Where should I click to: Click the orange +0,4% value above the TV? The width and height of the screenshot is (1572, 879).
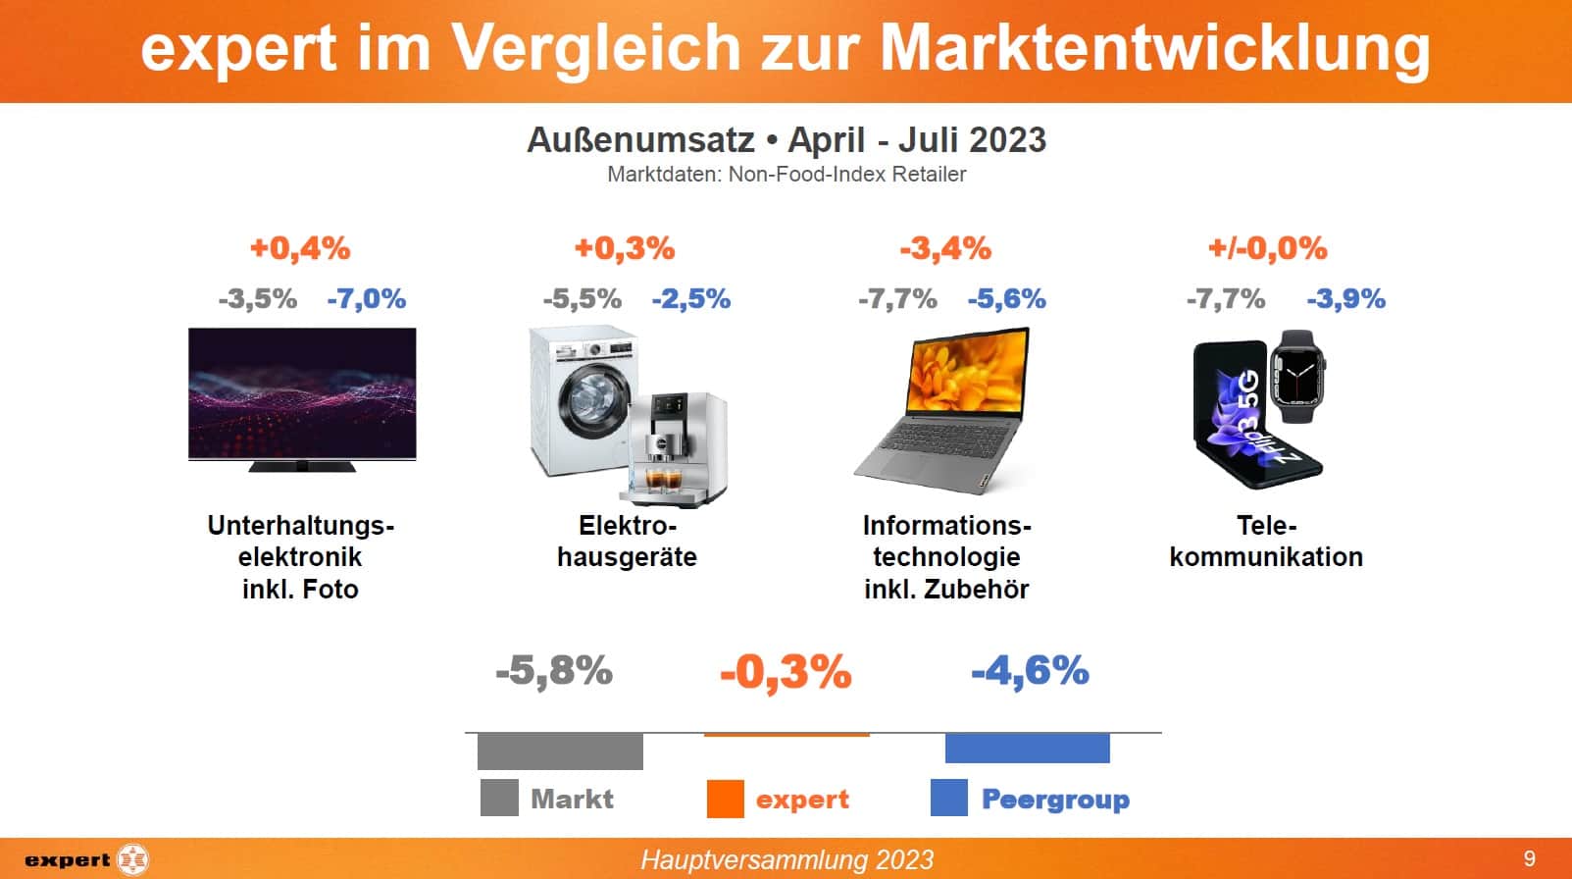300,248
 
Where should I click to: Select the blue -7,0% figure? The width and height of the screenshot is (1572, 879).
366,298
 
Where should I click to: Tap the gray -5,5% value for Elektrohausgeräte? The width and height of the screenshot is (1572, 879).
582,298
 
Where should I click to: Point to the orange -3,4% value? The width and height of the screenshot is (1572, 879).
945,248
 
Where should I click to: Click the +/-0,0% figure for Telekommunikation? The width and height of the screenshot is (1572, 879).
1267,248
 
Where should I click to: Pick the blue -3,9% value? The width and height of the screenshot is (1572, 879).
1345,298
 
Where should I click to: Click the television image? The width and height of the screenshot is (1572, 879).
302,394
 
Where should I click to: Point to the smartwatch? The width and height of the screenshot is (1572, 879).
1296,377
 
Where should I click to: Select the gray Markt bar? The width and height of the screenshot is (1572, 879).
560,751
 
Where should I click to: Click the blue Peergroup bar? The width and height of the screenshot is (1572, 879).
1027,748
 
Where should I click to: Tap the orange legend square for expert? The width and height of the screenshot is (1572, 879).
725,799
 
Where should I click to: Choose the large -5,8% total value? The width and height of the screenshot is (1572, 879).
554,671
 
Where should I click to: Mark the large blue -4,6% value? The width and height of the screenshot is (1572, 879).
1030,671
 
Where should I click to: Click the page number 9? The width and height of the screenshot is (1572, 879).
1529,859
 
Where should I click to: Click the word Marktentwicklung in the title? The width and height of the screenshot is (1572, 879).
1155,47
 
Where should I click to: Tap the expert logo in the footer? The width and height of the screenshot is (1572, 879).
86,860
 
